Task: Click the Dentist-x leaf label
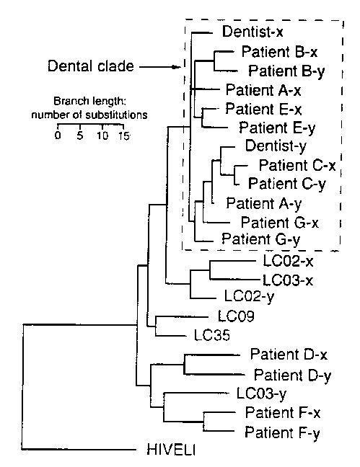(x=253, y=32)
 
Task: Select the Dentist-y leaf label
(x=276, y=146)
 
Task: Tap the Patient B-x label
(x=279, y=51)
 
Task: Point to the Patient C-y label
(x=287, y=184)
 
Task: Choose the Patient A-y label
(x=264, y=204)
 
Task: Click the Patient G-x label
(x=280, y=223)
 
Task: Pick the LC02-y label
(x=249, y=296)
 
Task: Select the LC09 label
(x=236, y=316)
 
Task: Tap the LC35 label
(x=212, y=335)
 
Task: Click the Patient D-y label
(x=292, y=375)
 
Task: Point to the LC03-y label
(x=261, y=393)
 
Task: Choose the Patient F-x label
(x=283, y=413)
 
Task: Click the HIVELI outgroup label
(x=171, y=450)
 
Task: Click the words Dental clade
(x=91, y=66)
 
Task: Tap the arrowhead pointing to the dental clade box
(x=177, y=67)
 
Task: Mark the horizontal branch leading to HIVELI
(x=79, y=449)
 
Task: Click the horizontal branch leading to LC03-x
(x=235, y=280)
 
